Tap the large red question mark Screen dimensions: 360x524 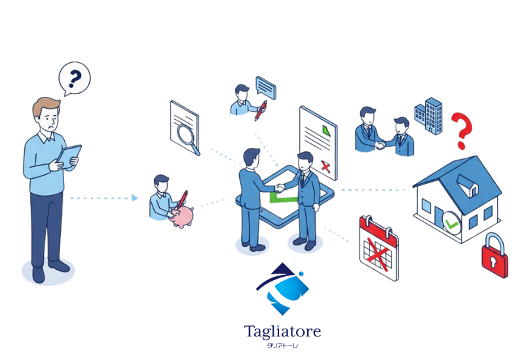pos(462,130)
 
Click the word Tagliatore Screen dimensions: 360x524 pos(282,332)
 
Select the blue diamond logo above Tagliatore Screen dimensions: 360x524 pos(283,288)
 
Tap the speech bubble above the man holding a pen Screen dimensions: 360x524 pos(265,86)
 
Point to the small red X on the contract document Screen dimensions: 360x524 pos(325,168)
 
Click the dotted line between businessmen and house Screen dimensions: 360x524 pos(373,190)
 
